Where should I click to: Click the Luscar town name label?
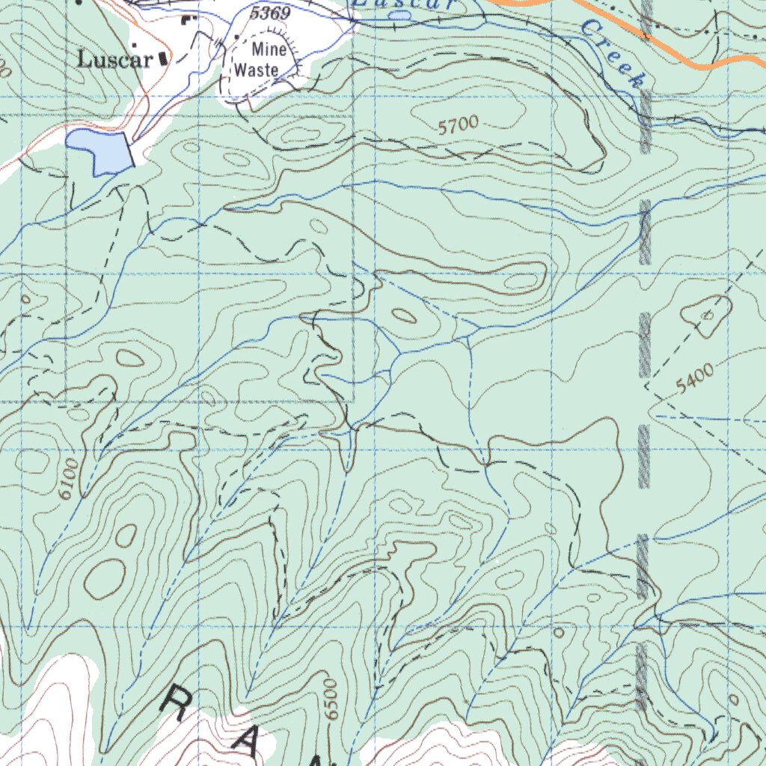coord(115,60)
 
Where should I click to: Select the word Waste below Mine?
coord(257,70)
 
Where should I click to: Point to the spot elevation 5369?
coord(270,13)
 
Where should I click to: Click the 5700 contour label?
coord(458,126)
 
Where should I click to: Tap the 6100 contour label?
coord(67,479)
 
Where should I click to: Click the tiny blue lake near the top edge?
coord(400,15)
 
